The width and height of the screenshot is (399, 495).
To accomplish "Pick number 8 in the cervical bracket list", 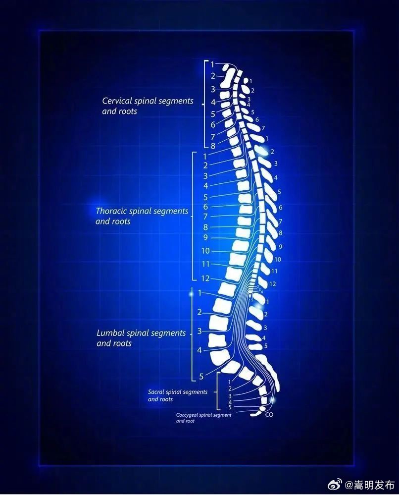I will [x=213, y=146].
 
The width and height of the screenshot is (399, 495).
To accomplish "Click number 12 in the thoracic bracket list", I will [x=205, y=278].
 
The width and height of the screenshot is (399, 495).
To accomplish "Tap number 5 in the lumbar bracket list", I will [x=201, y=376].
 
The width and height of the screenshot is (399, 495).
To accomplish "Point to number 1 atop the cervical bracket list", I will [x=212, y=65].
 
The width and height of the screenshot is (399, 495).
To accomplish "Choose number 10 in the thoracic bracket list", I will [x=205, y=251].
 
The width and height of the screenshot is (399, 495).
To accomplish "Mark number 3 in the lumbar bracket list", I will [x=199, y=331].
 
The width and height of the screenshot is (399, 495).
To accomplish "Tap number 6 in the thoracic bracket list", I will [x=205, y=207].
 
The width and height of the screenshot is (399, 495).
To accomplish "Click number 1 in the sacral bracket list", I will [x=230, y=382].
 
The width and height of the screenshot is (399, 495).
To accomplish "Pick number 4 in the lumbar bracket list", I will [x=199, y=350].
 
